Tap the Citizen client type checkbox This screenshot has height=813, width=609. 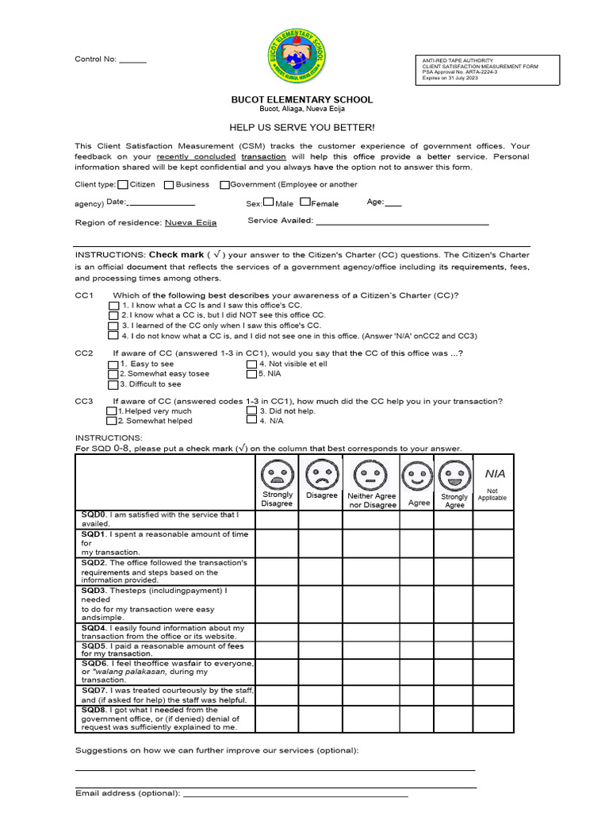pyautogui.click(x=123, y=185)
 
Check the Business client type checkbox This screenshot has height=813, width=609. pyautogui.click(x=169, y=185)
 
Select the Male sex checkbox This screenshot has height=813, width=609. pyautogui.click(x=269, y=202)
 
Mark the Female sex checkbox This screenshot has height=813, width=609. pyautogui.click(x=305, y=202)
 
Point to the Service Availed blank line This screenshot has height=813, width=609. pyautogui.click(x=402, y=223)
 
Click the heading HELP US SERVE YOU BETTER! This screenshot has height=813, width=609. pyautogui.click(x=301, y=127)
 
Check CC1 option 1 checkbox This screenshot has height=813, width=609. pyautogui.click(x=113, y=305)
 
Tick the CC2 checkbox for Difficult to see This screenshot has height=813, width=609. pyautogui.click(x=113, y=384)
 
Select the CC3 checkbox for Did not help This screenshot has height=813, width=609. pyautogui.click(x=252, y=411)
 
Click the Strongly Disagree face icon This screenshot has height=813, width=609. pyautogui.click(x=277, y=476)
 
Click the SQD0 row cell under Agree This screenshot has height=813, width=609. pyautogui.click(x=418, y=519)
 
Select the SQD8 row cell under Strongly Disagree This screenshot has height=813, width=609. pyautogui.click(x=277, y=719)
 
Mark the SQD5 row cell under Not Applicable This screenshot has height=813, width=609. pyautogui.click(x=493, y=649)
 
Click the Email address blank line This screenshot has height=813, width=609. pyautogui.click(x=295, y=794)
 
